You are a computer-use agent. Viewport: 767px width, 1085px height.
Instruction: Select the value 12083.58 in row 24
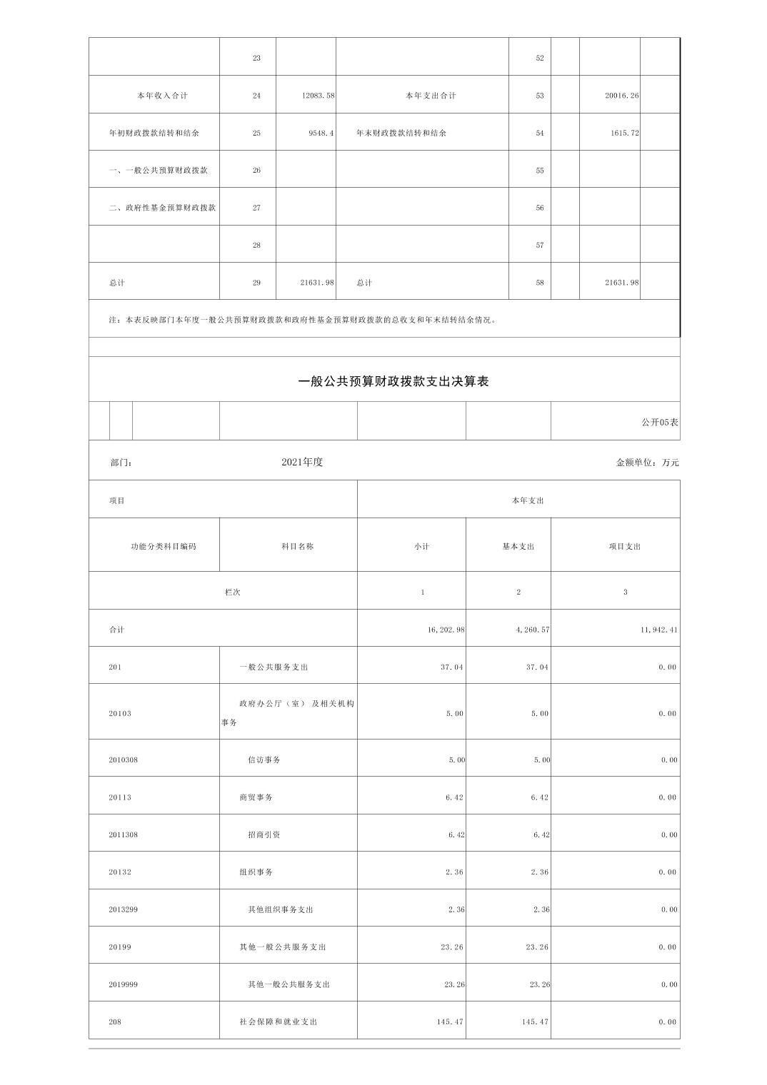(318, 96)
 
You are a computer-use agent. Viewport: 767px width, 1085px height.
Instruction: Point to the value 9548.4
(321, 133)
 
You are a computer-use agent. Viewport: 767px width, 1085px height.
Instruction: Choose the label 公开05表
(660, 423)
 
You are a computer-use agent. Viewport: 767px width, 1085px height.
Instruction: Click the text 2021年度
(302, 463)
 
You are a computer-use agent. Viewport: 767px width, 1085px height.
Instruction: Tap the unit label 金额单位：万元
(647, 463)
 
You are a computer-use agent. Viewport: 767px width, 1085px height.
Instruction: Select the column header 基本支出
(518, 547)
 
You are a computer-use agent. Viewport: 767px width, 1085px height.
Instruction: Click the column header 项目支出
(625, 547)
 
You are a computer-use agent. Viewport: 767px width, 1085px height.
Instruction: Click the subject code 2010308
(123, 760)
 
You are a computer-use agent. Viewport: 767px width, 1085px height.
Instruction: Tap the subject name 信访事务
(264, 760)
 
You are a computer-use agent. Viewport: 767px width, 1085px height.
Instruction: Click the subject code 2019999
(123, 985)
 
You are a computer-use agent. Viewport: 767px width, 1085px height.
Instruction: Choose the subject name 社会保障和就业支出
(279, 1022)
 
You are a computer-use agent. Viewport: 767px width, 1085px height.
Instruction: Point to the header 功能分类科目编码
(163, 547)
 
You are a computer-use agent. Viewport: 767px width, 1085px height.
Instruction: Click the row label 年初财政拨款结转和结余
(154, 133)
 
